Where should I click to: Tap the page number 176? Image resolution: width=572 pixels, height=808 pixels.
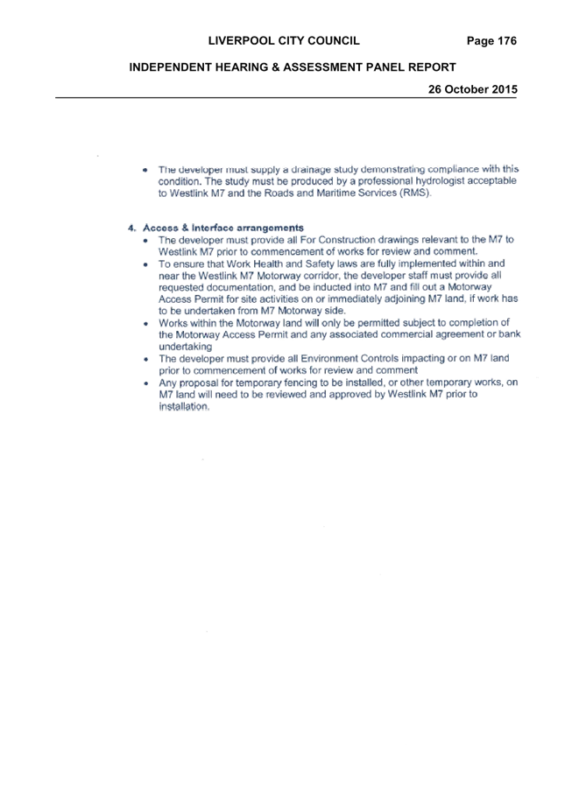[x=506, y=41]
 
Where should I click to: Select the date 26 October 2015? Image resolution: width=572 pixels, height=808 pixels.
[x=472, y=89]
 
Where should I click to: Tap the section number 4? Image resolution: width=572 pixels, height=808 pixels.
[x=131, y=228]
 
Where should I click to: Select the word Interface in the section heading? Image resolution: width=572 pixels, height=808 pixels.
[x=212, y=228]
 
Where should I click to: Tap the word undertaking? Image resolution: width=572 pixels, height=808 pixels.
[x=185, y=347]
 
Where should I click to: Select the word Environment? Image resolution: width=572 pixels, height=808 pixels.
[x=329, y=358]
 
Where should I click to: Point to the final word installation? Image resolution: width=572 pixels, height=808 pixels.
[x=184, y=406]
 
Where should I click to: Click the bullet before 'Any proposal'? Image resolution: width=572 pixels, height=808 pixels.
[x=146, y=383]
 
